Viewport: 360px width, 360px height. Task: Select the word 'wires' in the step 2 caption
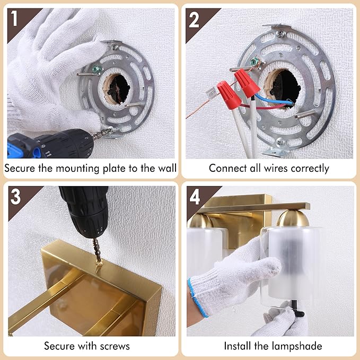point(276,168)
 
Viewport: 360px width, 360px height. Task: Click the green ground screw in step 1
point(96,69)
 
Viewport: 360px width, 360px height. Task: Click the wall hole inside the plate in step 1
point(118,89)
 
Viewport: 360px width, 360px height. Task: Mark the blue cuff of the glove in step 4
point(198,298)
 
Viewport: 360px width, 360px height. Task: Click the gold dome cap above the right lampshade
point(293,218)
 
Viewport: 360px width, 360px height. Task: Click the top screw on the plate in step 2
point(280,34)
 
